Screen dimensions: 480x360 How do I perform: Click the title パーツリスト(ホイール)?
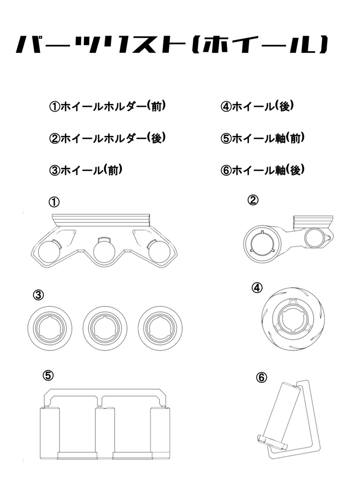(x=171, y=45)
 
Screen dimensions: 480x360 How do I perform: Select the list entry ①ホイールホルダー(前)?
(x=107, y=107)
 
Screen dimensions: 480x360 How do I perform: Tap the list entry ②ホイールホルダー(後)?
(x=107, y=138)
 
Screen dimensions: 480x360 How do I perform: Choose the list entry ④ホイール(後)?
(x=257, y=107)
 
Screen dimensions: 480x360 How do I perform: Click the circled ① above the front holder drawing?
(x=54, y=202)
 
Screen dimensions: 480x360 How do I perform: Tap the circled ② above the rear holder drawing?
(x=253, y=200)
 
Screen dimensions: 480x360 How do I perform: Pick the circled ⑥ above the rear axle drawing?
(x=262, y=377)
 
